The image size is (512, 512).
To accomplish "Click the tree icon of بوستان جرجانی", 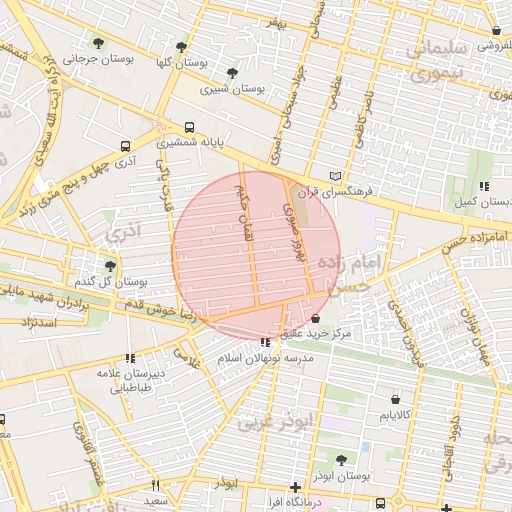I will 98,42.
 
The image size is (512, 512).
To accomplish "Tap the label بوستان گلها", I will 182,63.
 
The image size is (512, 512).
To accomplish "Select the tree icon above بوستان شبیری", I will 233,73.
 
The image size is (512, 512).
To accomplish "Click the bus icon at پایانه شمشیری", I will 190,127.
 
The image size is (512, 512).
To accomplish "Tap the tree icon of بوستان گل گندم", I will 110,265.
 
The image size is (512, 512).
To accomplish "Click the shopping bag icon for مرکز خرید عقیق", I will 316,318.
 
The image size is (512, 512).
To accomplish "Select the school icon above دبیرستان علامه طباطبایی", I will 130,358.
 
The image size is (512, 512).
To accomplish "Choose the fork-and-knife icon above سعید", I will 155,486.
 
